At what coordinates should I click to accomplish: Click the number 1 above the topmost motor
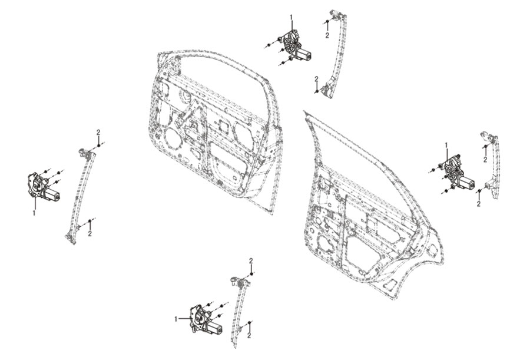pos(291,16)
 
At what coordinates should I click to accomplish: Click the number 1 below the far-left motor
pos(34,213)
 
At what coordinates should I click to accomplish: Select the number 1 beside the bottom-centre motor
pos(175,319)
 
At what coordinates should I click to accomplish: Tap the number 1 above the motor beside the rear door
pos(446,145)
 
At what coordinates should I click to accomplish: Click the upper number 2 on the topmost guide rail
pos(327,35)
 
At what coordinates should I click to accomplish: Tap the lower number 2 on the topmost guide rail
pos(316,79)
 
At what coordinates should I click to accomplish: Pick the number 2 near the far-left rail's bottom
pos(90,233)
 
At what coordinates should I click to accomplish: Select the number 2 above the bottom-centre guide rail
pos(251,260)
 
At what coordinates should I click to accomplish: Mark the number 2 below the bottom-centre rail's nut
pos(249,336)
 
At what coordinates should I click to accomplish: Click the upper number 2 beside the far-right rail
pos(485,160)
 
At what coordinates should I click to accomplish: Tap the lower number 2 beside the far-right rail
pos(478,204)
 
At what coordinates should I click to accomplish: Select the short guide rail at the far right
pos(491,166)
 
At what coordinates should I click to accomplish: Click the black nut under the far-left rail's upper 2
pos(98,145)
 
